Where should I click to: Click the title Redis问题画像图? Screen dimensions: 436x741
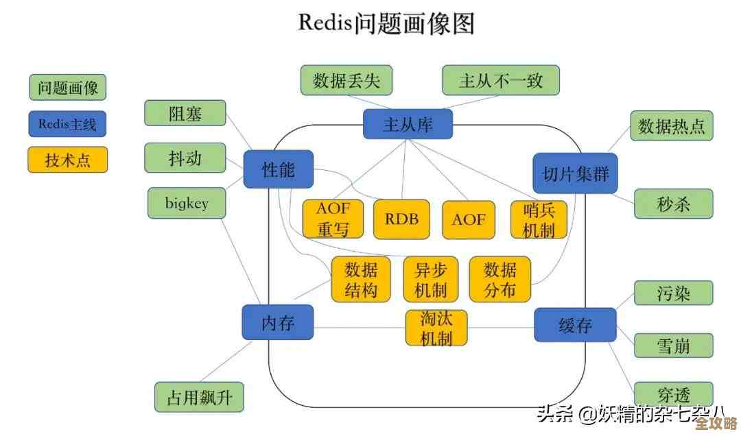[386, 23]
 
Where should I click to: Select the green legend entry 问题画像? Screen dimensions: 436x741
[68, 87]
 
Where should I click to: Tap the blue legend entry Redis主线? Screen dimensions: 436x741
[68, 123]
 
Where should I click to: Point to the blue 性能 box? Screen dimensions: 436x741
[279, 169]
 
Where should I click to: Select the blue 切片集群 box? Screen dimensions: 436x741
[575, 173]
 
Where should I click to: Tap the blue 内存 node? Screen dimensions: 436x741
[278, 323]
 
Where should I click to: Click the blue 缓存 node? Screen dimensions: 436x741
[575, 325]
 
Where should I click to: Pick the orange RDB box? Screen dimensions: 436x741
[401, 219]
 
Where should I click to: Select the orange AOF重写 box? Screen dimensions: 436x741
[333, 219]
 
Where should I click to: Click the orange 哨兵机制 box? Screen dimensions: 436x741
[539, 219]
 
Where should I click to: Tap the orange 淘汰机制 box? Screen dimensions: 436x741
[436, 328]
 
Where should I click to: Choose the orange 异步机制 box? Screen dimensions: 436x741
[430, 279]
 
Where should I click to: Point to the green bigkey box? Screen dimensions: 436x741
[187, 204]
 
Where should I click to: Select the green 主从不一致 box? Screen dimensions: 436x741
[500, 80]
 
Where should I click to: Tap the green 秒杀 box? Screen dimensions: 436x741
[673, 204]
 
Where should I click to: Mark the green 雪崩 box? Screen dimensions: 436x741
[673, 345]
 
